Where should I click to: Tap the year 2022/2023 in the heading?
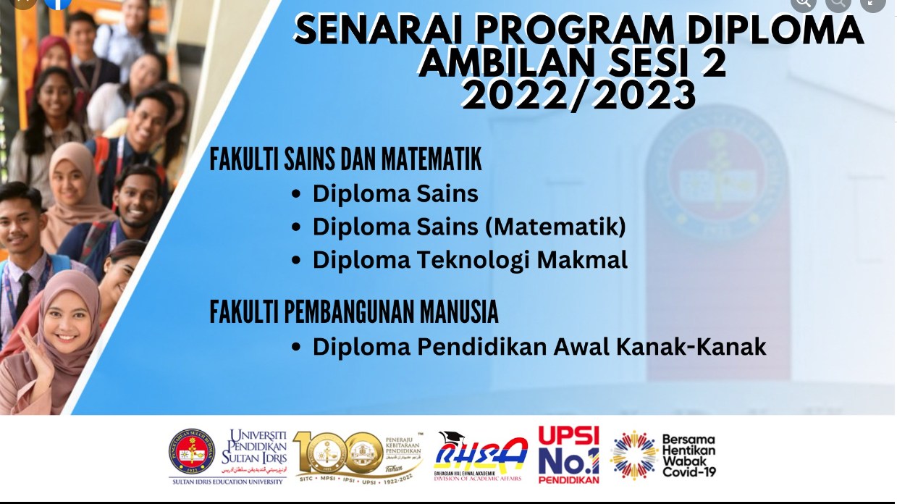579,96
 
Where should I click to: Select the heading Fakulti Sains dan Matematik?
345,160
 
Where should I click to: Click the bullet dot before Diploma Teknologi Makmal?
295,261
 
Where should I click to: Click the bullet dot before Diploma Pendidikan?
295,348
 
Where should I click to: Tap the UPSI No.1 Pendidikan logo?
569,455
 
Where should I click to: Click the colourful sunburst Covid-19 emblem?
633,455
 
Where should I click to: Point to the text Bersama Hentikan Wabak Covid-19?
688,455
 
